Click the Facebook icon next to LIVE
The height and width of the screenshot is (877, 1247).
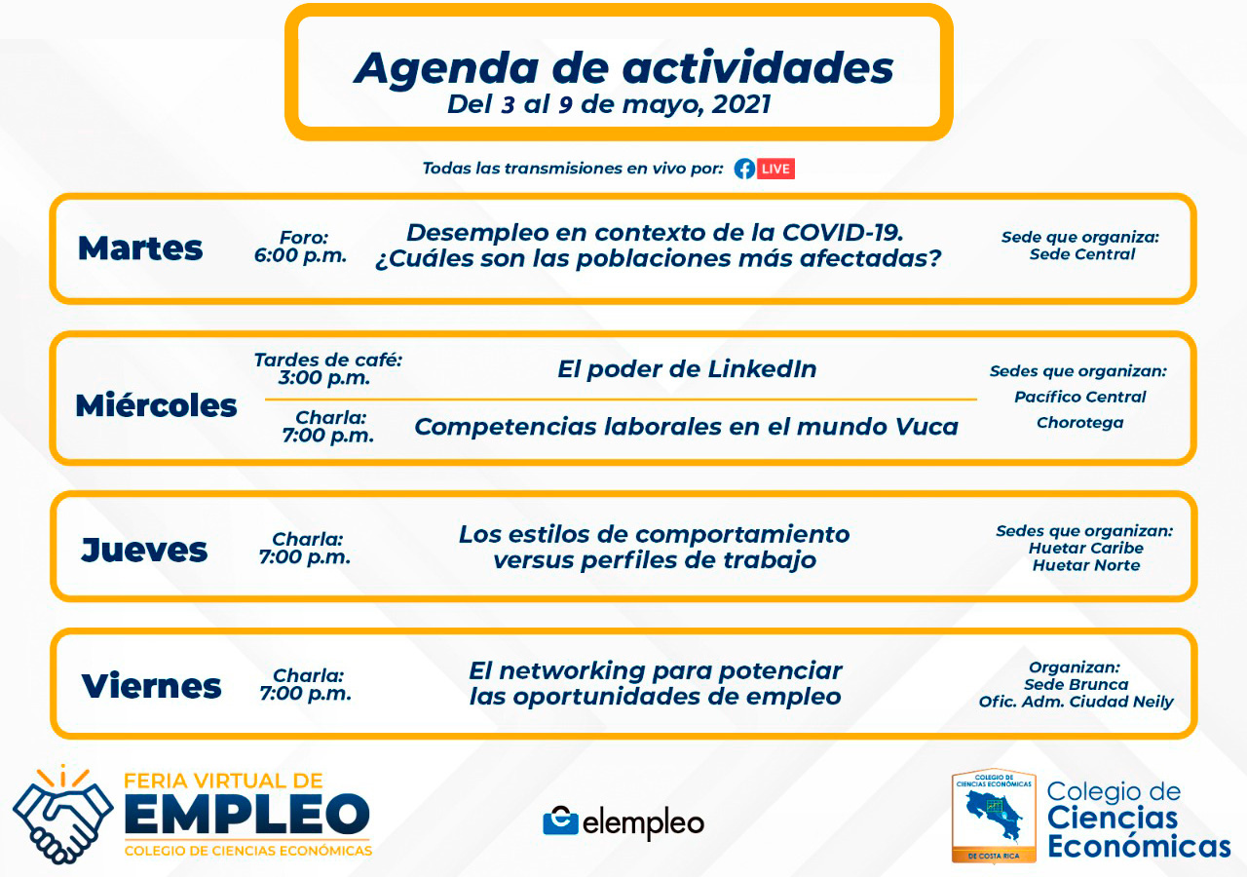pyautogui.click(x=744, y=169)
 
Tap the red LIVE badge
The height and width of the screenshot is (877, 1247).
pyautogui.click(x=775, y=169)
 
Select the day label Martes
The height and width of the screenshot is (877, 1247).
pyautogui.click(x=140, y=248)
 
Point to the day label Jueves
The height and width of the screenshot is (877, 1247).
pyautogui.click(x=144, y=550)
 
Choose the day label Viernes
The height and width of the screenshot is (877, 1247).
pyautogui.click(x=151, y=685)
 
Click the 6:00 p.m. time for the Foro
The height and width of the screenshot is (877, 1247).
pyautogui.click(x=301, y=255)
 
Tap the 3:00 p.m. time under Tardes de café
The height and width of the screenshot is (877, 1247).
pyautogui.click(x=324, y=377)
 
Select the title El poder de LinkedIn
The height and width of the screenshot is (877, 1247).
pyautogui.click(x=687, y=369)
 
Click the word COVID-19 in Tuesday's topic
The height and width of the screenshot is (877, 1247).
pyautogui.click(x=843, y=233)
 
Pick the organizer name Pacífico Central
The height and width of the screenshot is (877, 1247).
pyautogui.click(x=1080, y=397)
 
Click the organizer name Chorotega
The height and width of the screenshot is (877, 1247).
pyautogui.click(x=1080, y=423)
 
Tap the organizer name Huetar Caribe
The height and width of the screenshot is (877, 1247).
pyautogui.click(x=1085, y=548)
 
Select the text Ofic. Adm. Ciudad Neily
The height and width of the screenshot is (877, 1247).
pyautogui.click(x=1077, y=702)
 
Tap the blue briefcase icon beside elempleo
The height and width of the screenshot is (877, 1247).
pyautogui.click(x=560, y=820)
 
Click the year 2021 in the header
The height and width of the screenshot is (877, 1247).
pyautogui.click(x=741, y=104)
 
